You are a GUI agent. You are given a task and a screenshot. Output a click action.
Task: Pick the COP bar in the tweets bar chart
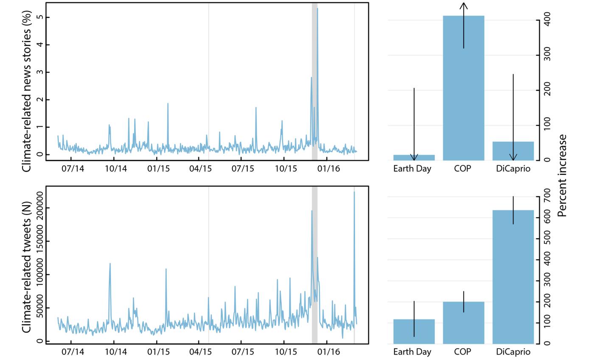463,323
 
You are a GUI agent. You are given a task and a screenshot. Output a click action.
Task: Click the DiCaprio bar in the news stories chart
513,151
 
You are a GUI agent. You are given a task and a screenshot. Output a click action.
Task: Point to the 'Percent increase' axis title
562,176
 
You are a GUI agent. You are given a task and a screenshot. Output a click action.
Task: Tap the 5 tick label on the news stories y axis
39,17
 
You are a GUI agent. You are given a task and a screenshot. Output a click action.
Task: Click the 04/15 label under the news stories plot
200,168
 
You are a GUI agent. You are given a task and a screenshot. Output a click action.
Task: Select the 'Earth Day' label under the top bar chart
412,168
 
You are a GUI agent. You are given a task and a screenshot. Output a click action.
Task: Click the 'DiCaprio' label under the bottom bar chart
513,352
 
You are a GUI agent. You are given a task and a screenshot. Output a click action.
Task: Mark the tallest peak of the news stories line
317,8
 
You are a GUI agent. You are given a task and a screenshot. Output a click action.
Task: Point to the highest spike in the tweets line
354,192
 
